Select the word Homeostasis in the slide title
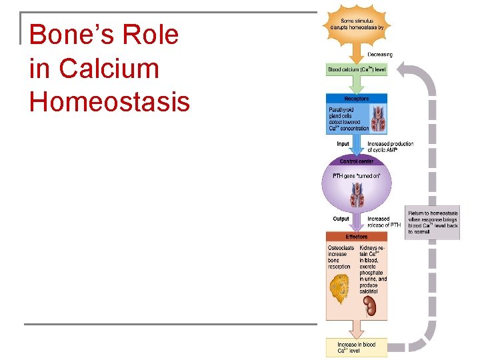click(x=109, y=103)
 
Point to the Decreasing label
click(x=380, y=55)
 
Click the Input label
click(x=342, y=144)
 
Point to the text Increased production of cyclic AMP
click(x=390, y=147)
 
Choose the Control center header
click(x=357, y=161)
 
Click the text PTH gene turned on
click(x=357, y=176)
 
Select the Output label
click(x=341, y=219)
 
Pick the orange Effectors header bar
click(x=357, y=237)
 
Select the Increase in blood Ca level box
click(x=356, y=347)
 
